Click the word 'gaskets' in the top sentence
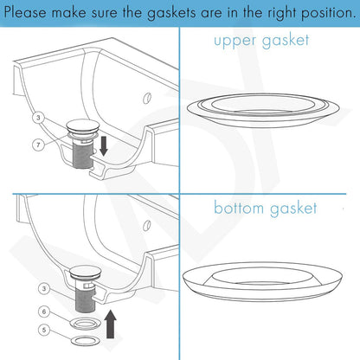pos(173,14)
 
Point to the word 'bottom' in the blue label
pos(242,208)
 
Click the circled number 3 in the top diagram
pos(37,116)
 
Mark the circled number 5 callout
pos(43,329)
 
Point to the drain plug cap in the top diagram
pos(84,130)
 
